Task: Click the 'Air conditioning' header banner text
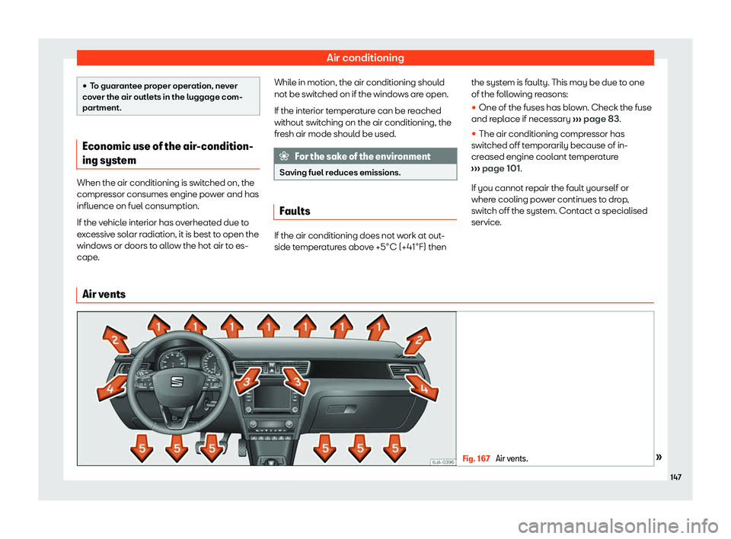click(x=365, y=57)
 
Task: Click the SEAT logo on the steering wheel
click(x=172, y=380)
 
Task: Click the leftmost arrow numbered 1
click(x=160, y=327)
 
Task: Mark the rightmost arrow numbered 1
click(x=377, y=327)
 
